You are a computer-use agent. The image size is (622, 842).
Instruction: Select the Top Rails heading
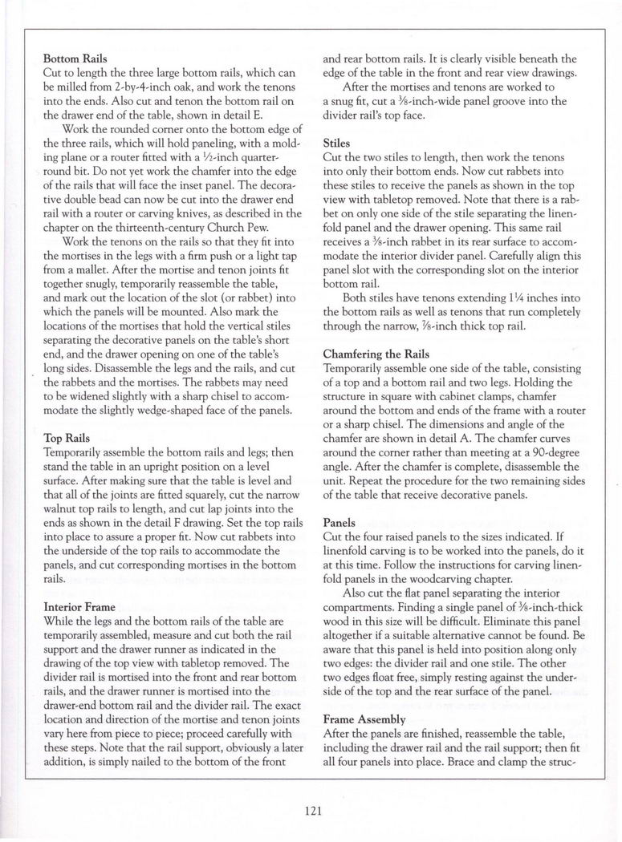(x=67, y=439)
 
